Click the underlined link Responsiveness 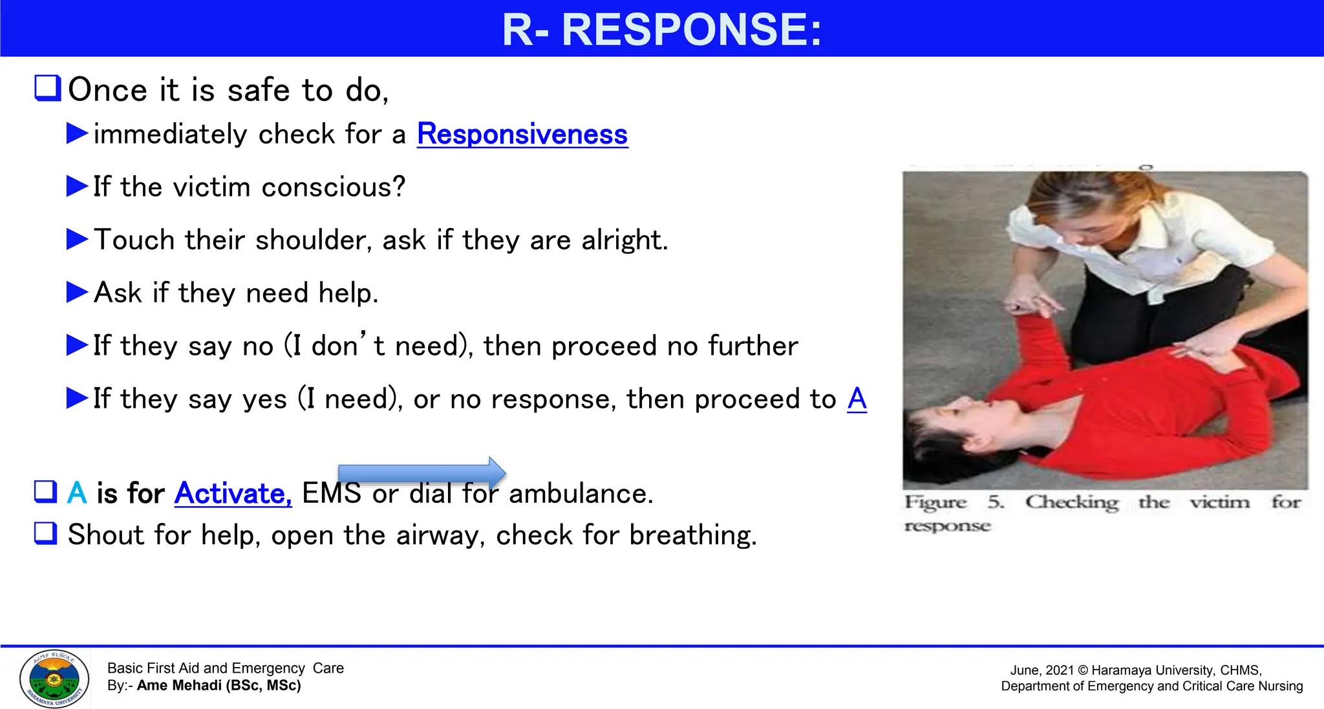coord(522,134)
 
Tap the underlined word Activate coord(233,494)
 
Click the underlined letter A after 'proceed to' coord(857,399)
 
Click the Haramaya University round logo coord(54,679)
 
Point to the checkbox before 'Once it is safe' coord(47,88)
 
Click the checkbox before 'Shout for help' coord(46,533)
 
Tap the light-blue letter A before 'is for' coord(77,493)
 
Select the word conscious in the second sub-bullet coord(332,187)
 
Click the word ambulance coord(581,494)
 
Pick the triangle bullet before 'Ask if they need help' coord(77,292)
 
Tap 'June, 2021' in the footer coord(1041,671)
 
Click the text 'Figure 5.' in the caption coord(954,502)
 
